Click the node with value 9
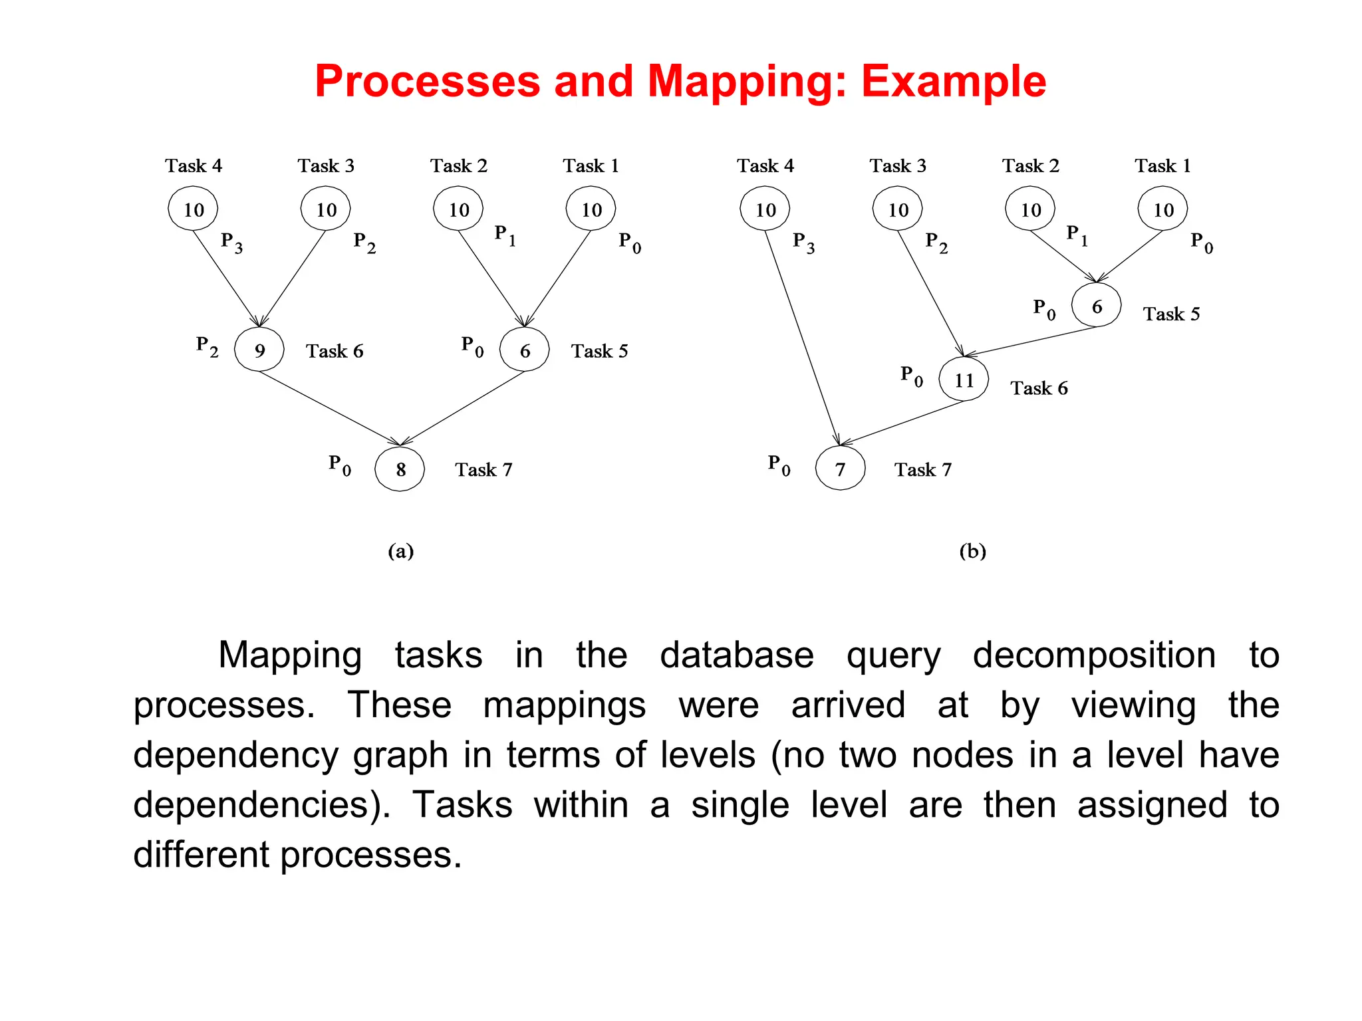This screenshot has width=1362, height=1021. coord(259,350)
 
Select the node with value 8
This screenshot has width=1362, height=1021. coord(400,469)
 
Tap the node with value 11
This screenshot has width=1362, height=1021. coord(964,380)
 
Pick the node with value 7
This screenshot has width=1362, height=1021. coord(841,469)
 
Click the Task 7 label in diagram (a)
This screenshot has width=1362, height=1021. coord(483,470)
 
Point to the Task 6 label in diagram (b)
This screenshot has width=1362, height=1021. coord(1039,388)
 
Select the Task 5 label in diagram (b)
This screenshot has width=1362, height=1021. coord(1171,314)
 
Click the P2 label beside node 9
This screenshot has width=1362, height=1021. coord(207,346)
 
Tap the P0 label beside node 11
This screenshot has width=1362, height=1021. coord(912,376)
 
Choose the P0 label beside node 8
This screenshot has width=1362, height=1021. coord(340,465)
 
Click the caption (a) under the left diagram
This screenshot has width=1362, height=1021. coord(401,551)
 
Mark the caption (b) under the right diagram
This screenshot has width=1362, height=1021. coord(972,551)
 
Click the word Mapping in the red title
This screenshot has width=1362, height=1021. coord(747,82)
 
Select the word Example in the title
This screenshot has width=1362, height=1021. coord(954,82)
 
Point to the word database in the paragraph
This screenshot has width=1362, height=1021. coord(736,655)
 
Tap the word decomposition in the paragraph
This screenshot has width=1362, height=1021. coord(1094,655)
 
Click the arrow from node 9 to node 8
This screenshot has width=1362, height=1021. coord(329,408)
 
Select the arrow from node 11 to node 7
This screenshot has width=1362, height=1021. coord(902,423)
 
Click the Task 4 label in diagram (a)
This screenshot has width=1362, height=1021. coord(194,166)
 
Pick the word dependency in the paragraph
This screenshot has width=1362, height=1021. coord(235,756)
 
